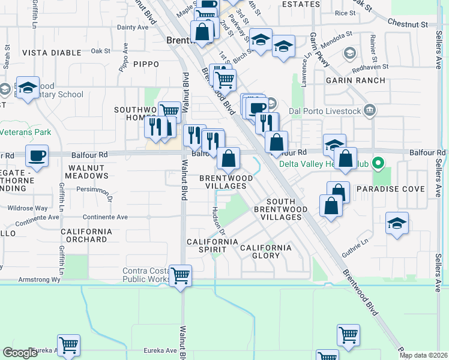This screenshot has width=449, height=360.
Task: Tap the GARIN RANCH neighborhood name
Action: point(351,80)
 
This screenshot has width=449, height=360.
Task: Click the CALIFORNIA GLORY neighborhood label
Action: point(266,251)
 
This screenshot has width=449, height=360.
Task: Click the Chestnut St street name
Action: point(408,25)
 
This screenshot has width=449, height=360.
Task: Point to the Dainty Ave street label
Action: point(133,27)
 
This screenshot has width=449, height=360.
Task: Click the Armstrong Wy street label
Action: point(40,280)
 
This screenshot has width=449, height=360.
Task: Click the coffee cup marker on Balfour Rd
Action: point(37,155)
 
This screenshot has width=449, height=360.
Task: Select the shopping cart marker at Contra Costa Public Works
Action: point(180,276)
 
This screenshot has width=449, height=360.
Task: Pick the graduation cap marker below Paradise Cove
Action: point(397,224)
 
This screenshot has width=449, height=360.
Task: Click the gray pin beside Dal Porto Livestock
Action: point(370,110)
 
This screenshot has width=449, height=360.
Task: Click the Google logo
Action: point(20,353)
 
